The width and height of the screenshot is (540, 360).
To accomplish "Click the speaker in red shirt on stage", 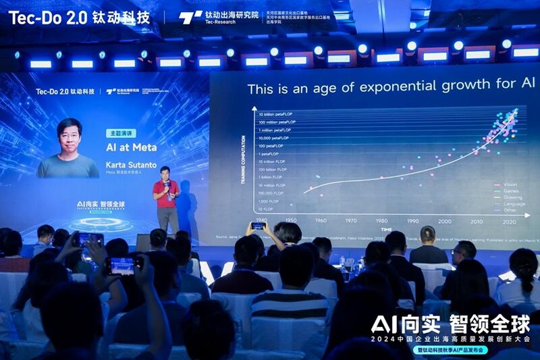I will pos(165,196).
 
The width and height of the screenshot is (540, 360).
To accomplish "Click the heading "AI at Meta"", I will pos(132,147).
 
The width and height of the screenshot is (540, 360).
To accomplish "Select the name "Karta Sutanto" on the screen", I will pos(131,164).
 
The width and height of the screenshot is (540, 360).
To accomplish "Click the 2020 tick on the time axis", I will pos(509,221).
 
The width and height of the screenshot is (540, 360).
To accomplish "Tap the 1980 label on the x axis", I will pos(382,221).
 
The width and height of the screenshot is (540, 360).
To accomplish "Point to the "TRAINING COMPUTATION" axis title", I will pos(244,159).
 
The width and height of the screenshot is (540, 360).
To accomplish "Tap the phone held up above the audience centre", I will pos(258,226).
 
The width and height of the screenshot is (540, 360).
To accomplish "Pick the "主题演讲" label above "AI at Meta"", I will pos(121,133).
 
